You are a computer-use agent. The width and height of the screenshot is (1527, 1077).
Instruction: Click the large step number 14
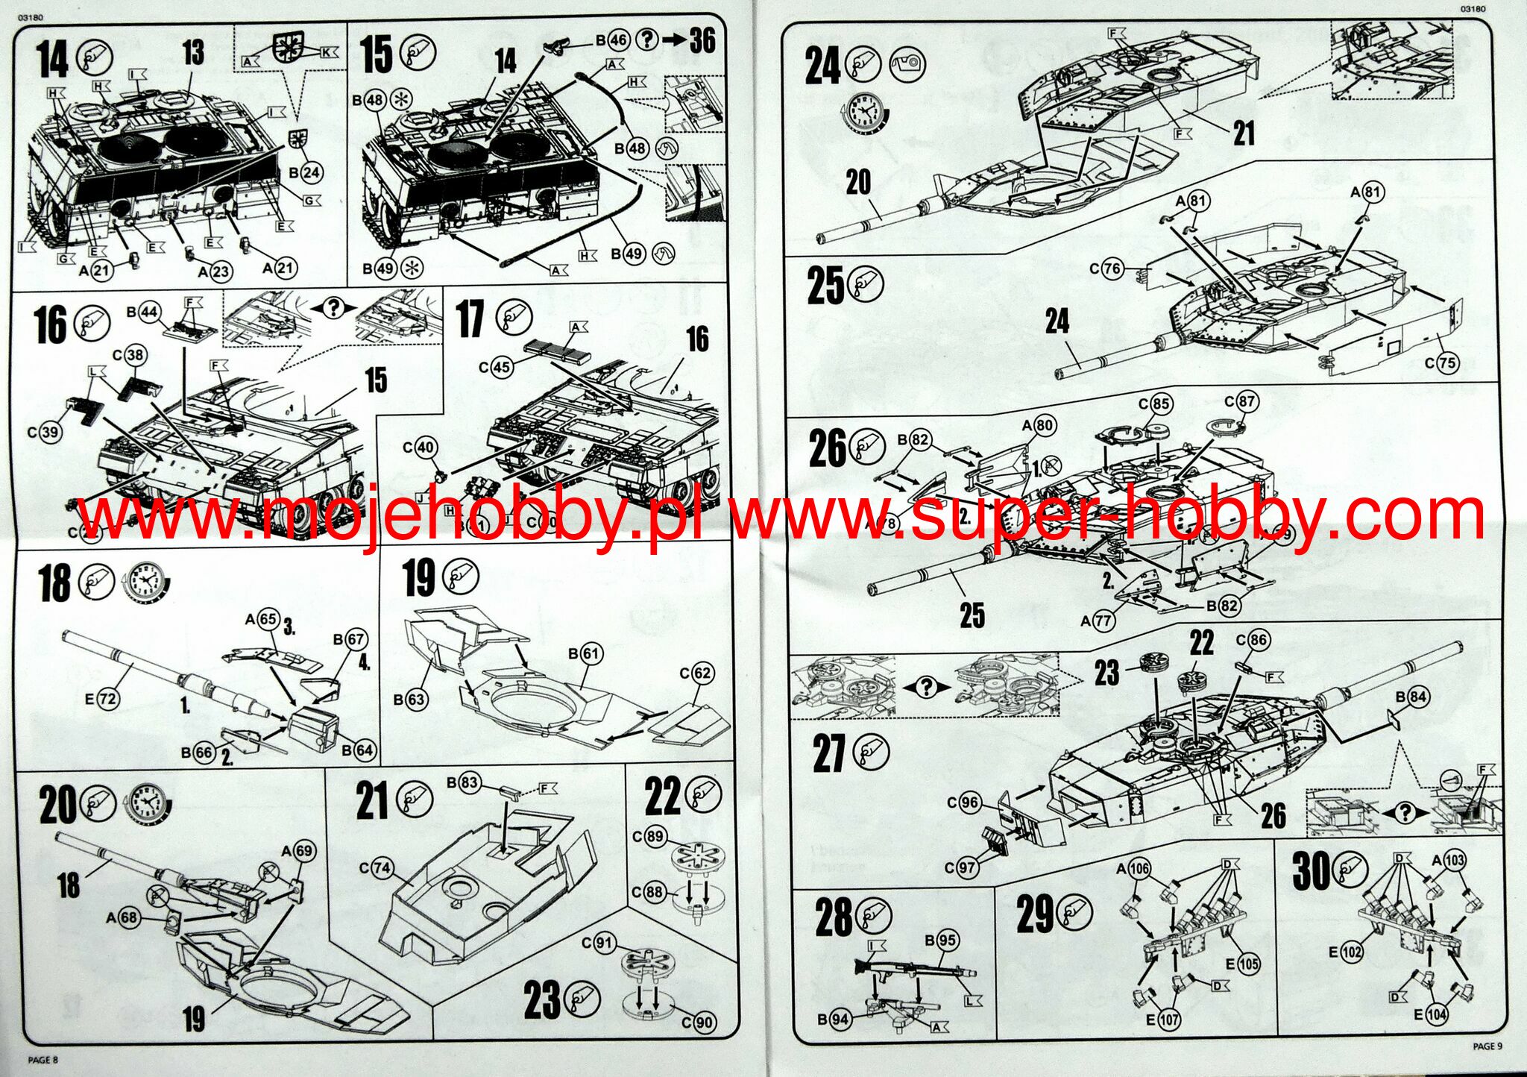pos(53,59)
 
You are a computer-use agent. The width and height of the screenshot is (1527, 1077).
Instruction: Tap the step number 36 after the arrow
pos(702,40)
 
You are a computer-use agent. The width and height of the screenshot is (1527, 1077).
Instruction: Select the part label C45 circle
pos(502,366)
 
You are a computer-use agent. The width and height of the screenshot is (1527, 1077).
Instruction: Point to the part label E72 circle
pos(107,699)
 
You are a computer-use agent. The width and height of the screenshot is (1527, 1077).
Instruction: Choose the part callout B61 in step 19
pos(590,654)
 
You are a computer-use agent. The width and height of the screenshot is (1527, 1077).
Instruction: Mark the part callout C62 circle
pos(702,673)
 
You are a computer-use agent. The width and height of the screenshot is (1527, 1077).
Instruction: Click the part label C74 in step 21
pos(381,867)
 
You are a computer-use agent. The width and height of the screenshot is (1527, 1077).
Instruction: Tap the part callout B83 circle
pos(468,783)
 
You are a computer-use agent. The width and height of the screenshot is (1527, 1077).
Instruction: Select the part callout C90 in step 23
pos(702,1023)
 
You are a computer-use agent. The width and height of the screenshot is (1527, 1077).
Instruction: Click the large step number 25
pos(825,286)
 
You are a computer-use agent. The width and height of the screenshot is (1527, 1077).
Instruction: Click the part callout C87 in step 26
pos(1245,401)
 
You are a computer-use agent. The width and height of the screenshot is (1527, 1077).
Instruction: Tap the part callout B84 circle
pos(1416,697)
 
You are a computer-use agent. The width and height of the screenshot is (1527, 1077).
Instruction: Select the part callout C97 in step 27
pos(967,867)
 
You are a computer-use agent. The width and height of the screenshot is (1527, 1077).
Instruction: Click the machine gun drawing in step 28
pos(913,973)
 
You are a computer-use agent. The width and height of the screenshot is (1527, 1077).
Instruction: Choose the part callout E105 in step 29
pos(1248,964)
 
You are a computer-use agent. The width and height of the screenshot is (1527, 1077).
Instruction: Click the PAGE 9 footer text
pos(1487,1046)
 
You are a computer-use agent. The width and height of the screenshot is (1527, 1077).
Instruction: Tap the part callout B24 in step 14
pos(310,172)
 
